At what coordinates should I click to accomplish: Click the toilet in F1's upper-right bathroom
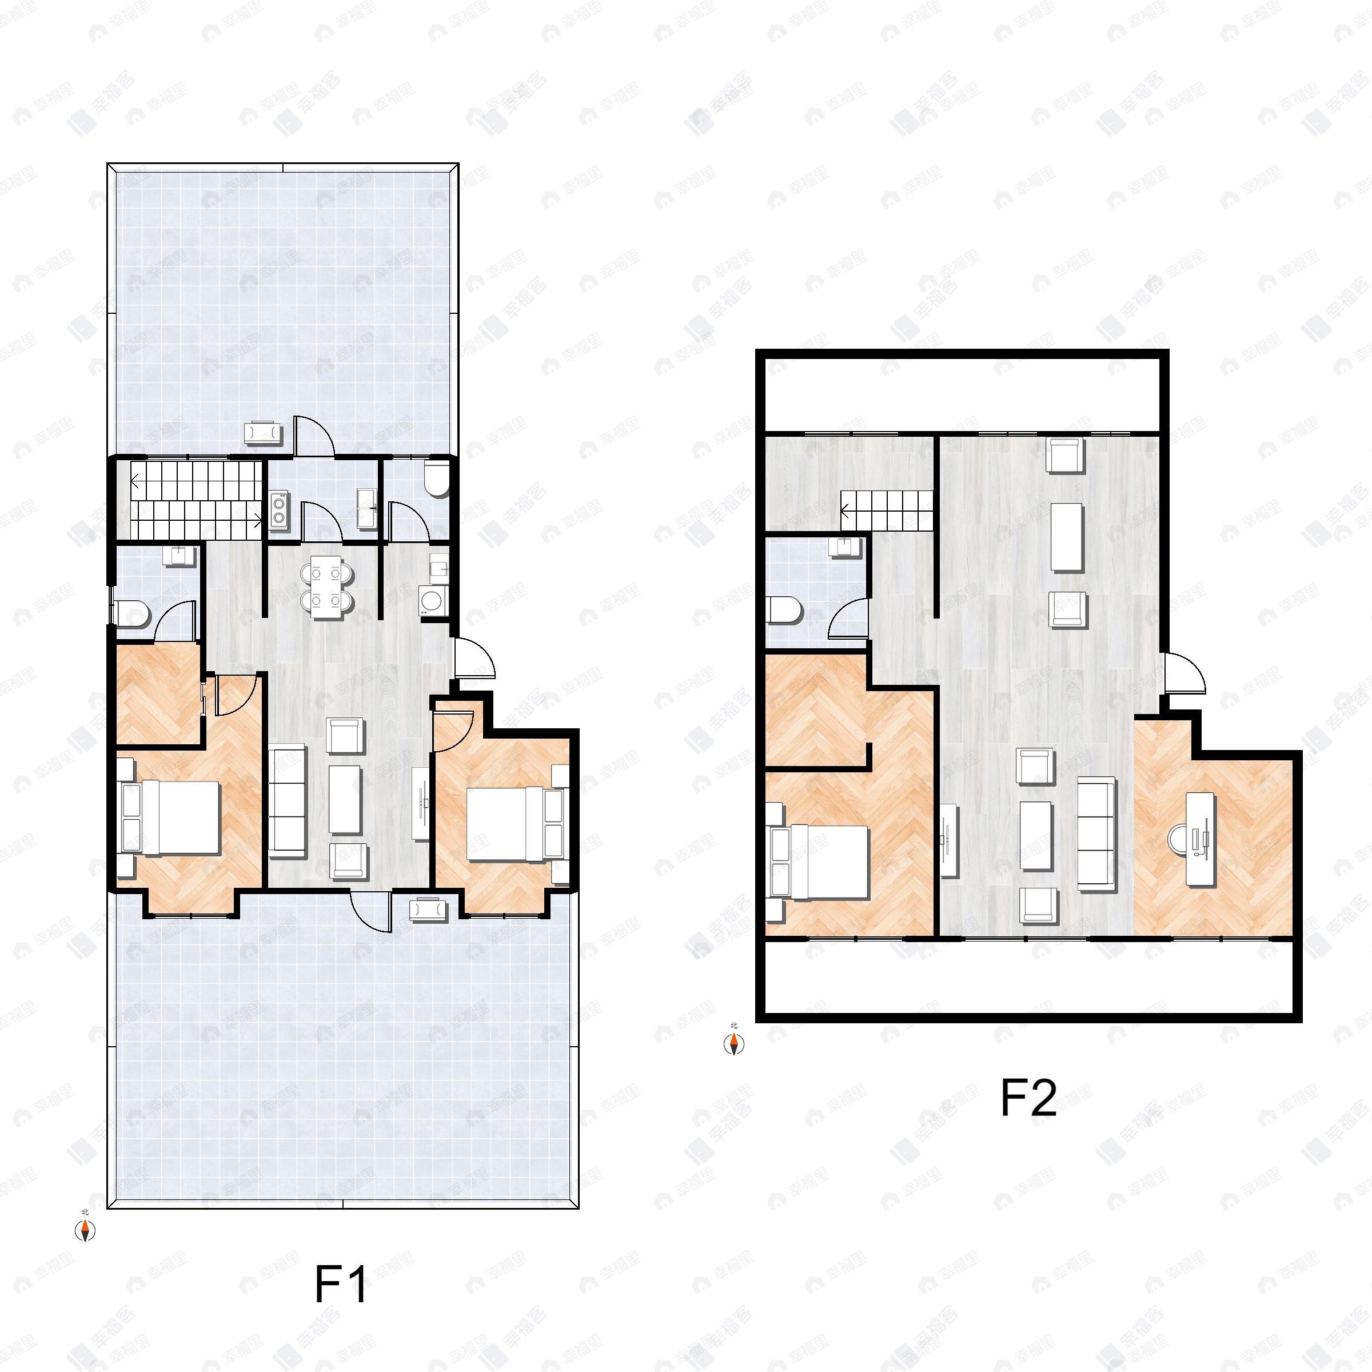(x=435, y=480)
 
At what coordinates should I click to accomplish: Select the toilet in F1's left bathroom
(x=133, y=613)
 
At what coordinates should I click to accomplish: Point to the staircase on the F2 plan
(x=886, y=509)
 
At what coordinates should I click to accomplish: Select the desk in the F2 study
(x=1201, y=839)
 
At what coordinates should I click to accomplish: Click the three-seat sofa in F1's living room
(x=287, y=800)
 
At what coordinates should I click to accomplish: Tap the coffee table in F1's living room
(x=345, y=800)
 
